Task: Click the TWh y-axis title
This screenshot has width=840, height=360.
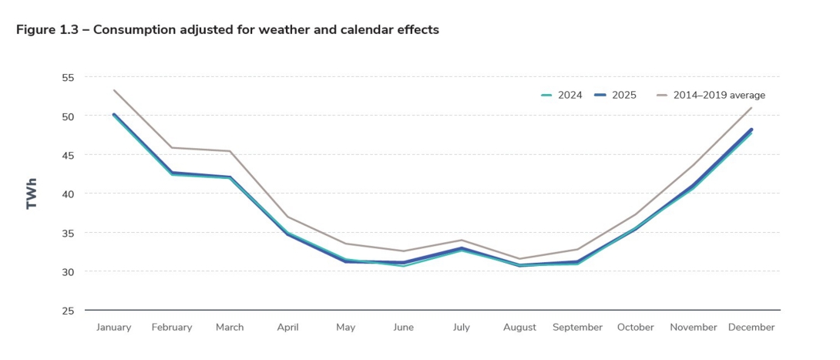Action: (32, 194)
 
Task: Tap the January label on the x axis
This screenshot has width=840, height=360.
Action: (113, 328)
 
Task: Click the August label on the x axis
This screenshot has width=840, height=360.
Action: (519, 328)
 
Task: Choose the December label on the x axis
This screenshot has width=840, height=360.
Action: (751, 328)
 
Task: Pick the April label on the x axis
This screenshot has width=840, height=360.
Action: (287, 328)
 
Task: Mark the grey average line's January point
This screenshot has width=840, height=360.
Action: (114, 90)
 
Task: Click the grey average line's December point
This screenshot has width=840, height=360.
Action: (751, 108)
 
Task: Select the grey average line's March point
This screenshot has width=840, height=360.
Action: (230, 151)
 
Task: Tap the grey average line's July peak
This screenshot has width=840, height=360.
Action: (462, 240)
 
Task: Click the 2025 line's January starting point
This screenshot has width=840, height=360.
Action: (114, 114)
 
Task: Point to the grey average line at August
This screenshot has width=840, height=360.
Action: (519, 258)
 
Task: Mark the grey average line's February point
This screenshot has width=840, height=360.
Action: (172, 147)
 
